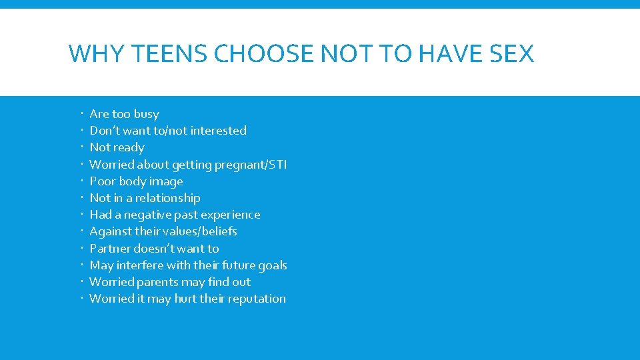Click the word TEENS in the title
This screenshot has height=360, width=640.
click(169, 53)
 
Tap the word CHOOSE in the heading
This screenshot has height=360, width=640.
click(264, 53)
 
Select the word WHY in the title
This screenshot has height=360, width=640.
click(96, 53)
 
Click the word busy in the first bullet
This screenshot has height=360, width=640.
click(147, 114)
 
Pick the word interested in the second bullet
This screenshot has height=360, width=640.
click(219, 131)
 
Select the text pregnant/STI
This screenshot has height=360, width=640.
click(251, 165)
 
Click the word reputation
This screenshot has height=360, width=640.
click(257, 299)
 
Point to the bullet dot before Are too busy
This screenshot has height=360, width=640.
click(82, 112)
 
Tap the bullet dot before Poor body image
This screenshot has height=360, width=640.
click(82, 179)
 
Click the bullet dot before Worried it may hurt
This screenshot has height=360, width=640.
click(82, 297)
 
